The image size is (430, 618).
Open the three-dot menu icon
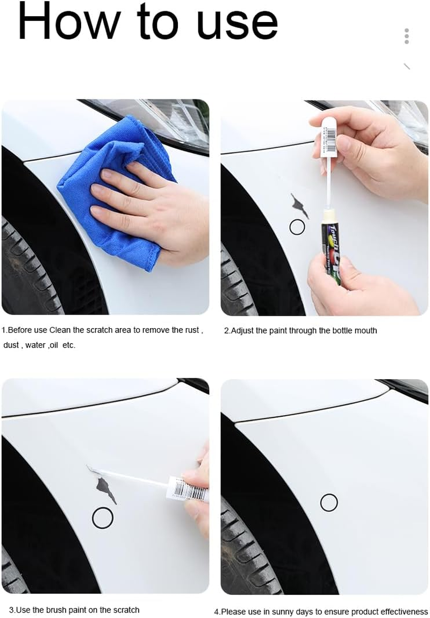click(407, 36)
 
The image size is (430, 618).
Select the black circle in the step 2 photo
click(297, 228)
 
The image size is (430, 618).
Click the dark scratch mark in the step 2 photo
click(299, 206)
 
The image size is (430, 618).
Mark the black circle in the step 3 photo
click(103, 518)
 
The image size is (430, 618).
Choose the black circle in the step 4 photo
click(329, 503)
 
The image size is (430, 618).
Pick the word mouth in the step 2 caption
click(365, 331)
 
